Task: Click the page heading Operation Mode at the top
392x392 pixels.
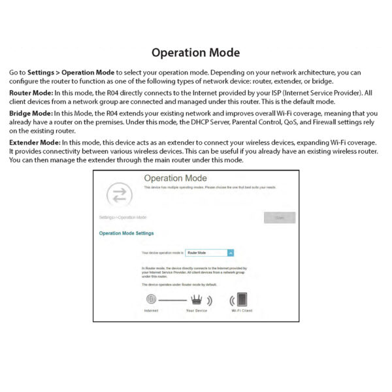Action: point(195,53)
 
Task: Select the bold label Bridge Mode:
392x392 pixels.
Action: point(31,114)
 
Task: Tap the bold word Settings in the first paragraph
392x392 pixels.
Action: point(41,72)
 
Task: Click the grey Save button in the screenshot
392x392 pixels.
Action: point(280,218)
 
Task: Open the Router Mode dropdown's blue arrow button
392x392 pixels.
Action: point(231,252)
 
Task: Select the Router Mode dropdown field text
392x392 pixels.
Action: point(204,252)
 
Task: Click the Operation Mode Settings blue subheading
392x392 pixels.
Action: point(126,233)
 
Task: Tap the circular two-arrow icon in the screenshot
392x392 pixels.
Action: point(120,194)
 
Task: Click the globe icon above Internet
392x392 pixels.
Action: point(151,301)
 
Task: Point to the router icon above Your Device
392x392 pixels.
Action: point(196,301)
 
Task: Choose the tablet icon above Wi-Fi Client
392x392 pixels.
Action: point(242,301)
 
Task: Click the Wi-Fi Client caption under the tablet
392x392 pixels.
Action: point(242,311)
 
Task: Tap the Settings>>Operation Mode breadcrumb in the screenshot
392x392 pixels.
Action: point(123,217)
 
